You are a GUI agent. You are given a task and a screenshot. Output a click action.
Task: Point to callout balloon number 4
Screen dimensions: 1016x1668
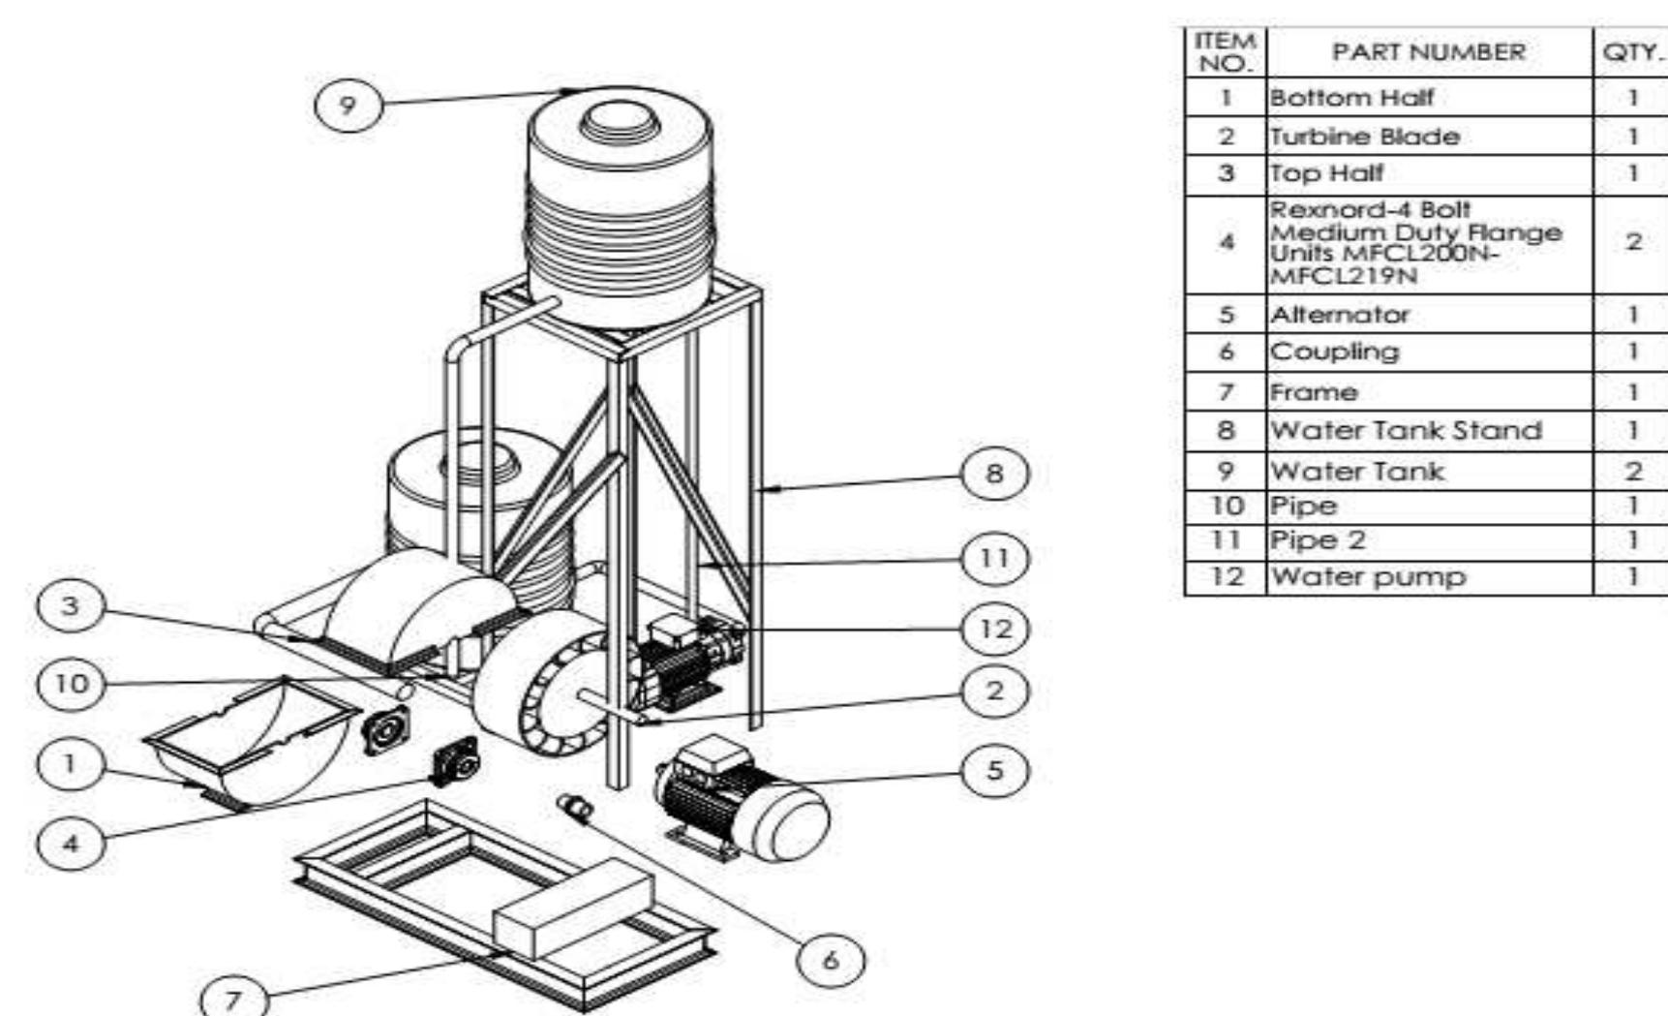[70, 843]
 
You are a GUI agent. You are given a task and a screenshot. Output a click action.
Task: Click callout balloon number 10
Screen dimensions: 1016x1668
[70, 684]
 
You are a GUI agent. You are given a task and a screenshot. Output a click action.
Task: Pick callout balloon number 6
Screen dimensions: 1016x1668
[830, 960]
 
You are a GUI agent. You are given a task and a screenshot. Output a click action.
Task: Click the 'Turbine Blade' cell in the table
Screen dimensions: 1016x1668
[1364, 137]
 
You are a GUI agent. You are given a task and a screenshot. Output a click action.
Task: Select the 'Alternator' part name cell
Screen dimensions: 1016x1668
[1340, 315]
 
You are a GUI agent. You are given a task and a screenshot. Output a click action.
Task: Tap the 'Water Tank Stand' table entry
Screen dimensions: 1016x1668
[1405, 430]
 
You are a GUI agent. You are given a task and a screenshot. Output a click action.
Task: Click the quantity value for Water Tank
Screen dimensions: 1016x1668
[1632, 472]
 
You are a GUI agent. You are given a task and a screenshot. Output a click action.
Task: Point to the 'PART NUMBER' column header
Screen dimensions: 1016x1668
[1428, 52]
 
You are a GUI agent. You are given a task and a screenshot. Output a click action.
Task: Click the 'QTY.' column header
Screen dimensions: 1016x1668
[1632, 52]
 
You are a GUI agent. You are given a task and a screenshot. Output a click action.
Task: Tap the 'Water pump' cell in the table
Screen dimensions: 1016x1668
[1368, 577]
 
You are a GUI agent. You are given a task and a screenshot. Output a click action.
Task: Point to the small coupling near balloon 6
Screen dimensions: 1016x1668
[575, 806]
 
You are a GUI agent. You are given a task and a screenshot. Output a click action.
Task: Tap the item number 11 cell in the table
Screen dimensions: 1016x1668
[1225, 540]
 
